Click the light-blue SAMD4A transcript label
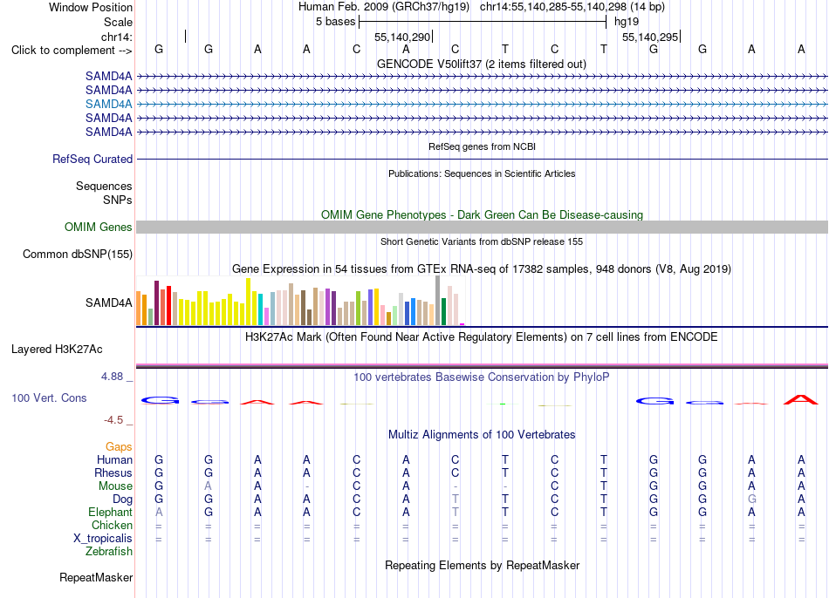pyautogui.click(x=108, y=104)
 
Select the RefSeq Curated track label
pyautogui.click(x=92, y=159)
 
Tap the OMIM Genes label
pyautogui.click(x=99, y=228)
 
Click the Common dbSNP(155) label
pyautogui.click(x=78, y=254)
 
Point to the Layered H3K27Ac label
pyautogui.click(x=57, y=350)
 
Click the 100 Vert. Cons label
pyautogui.click(x=49, y=398)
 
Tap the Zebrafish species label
pyautogui.click(x=109, y=552)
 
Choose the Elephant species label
pyautogui.click(x=111, y=513)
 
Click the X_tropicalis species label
pyautogui.click(x=103, y=539)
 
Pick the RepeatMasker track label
pyautogui.click(x=96, y=577)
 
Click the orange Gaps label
pyautogui.click(x=119, y=447)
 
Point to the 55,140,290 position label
pyautogui.click(x=402, y=37)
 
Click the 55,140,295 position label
pyautogui.click(x=650, y=37)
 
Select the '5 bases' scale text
pyautogui.click(x=336, y=22)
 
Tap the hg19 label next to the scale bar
pyautogui.click(x=627, y=22)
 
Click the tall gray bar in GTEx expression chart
pyautogui.click(x=438, y=300)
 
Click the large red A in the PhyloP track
pyautogui.click(x=801, y=399)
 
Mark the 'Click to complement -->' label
pyautogui.click(x=72, y=51)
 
